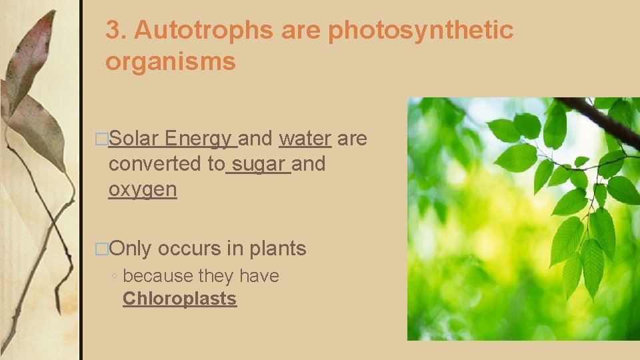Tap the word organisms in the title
(x=171, y=61)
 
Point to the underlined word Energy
(x=199, y=139)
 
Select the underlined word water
(x=305, y=139)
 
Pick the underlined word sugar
(x=259, y=163)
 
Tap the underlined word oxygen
(x=143, y=189)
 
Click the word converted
(x=167, y=163)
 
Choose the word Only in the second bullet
(x=131, y=249)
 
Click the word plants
(x=277, y=249)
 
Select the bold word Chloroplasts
(x=179, y=299)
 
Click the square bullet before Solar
(x=101, y=139)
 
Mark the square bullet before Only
(x=101, y=249)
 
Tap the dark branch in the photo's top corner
(x=599, y=119)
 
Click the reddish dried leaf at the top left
(x=30, y=60)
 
